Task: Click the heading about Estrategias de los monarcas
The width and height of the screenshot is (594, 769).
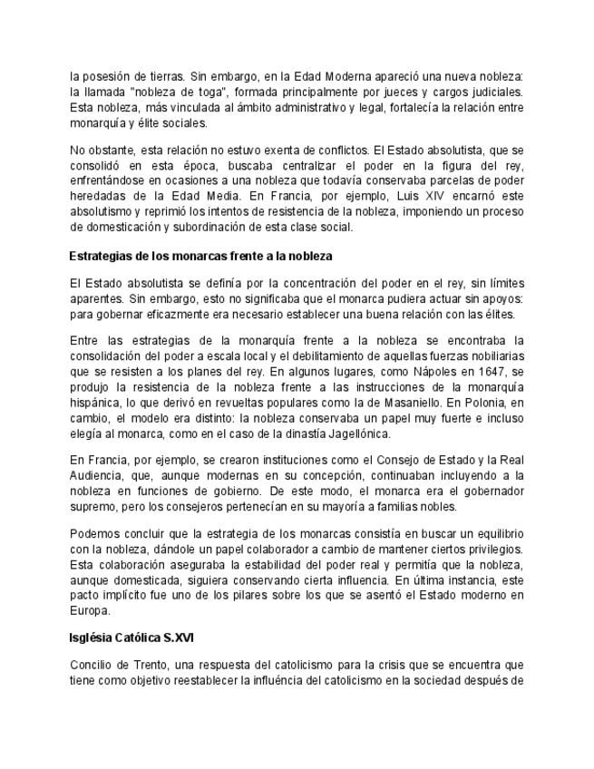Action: [200, 257]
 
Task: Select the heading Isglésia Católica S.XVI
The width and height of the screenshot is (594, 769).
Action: [125, 638]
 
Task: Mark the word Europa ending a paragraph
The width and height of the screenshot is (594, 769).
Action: [88, 610]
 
